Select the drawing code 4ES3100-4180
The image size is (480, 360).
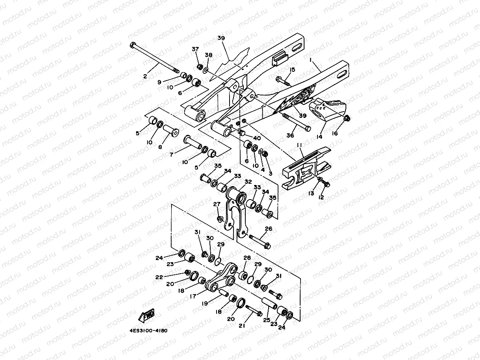click(148, 330)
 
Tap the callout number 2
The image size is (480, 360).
click(145, 76)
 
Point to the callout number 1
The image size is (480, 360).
click(311, 60)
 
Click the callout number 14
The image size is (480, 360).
click(319, 136)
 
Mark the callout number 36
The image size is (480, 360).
click(290, 136)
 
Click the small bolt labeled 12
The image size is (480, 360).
click(325, 183)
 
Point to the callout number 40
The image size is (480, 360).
click(257, 138)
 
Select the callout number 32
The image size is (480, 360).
click(248, 182)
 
